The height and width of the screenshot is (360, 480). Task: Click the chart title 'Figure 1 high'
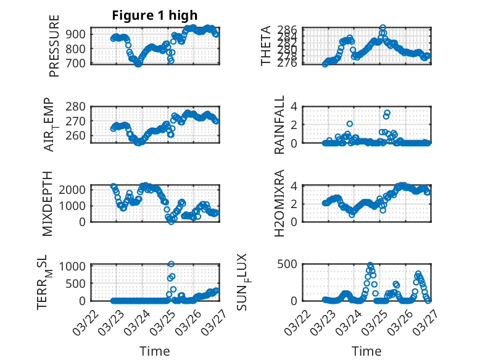155,16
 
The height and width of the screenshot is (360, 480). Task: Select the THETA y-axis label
266,46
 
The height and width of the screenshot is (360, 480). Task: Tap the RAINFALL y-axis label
279,125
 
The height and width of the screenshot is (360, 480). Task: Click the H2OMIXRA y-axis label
279,204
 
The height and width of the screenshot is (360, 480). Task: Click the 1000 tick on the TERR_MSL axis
74,266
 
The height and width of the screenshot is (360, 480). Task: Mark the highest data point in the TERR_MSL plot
171,264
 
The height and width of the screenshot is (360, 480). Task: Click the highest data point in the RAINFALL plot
387,112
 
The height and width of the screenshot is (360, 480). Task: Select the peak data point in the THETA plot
383,28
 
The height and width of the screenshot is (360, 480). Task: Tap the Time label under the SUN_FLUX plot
366,351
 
